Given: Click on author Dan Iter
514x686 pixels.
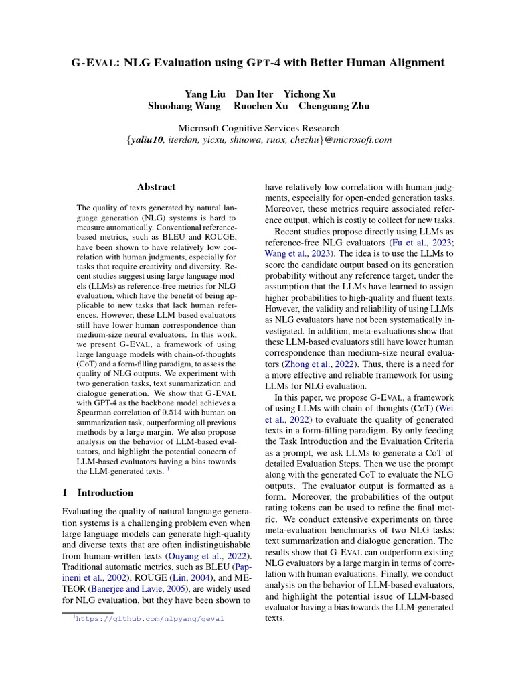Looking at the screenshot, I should click(254, 94).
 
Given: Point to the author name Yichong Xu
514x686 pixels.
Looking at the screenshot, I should click(310, 94).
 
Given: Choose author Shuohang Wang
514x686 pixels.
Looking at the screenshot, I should click(185, 106).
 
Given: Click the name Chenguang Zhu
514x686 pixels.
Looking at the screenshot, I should click(333, 106).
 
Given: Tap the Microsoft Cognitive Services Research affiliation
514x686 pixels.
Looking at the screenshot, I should click(258, 128).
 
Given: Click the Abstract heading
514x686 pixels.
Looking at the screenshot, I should click(156, 187).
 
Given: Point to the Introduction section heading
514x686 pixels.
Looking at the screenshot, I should click(105, 492).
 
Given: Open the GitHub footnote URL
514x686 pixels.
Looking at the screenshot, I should click(150, 620).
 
